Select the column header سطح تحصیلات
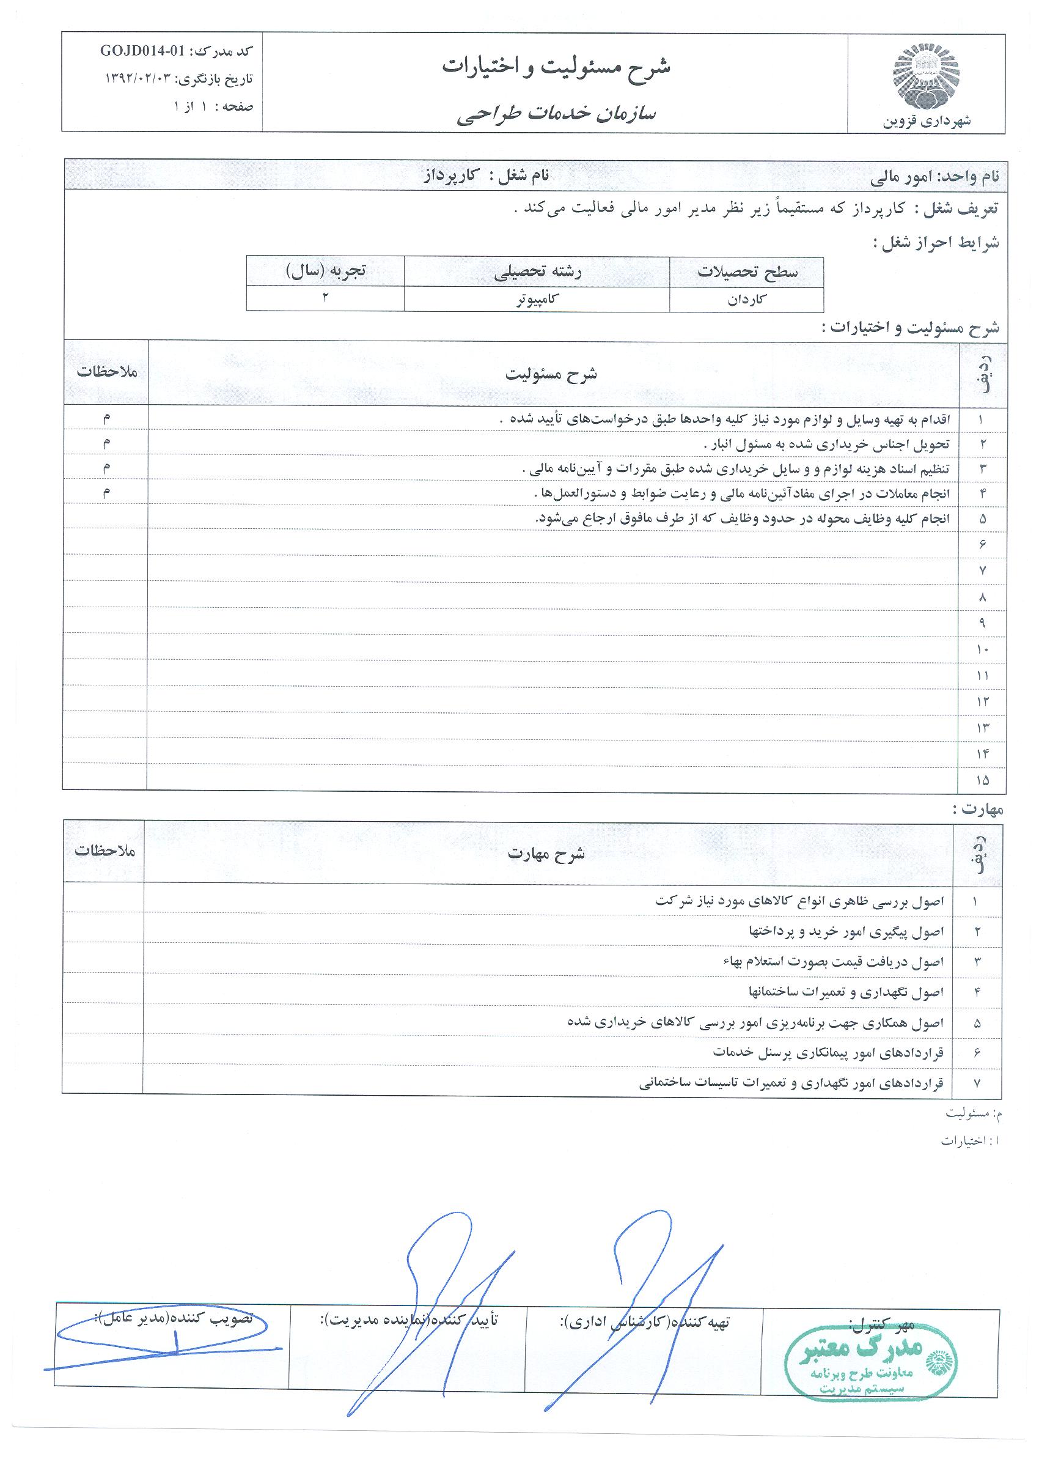click(x=747, y=271)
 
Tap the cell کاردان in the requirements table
click(x=747, y=300)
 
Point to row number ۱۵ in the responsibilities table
click(x=982, y=780)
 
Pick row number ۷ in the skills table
click(x=976, y=1083)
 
